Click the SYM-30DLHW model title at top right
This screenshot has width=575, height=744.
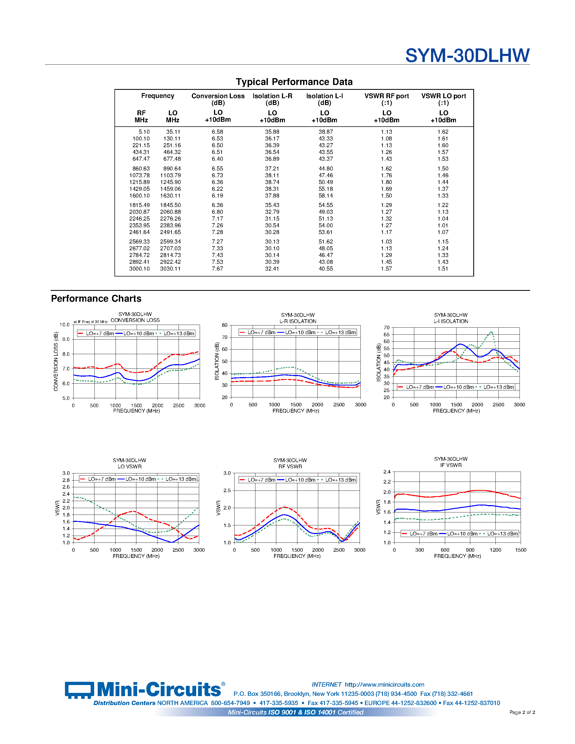pos(467,55)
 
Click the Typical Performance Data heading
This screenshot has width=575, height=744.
pos(294,82)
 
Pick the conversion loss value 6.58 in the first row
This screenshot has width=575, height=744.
pos(217,132)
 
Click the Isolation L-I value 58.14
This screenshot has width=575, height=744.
pos(326,196)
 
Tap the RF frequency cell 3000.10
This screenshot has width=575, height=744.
pos(139,269)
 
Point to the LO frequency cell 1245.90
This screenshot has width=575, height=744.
pos(170,182)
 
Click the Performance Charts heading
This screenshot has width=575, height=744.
pos(96,298)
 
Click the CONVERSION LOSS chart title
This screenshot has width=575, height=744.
pos(135,320)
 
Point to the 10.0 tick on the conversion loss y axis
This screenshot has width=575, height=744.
pos(64,325)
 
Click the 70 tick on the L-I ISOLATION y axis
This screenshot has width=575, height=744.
pos(386,328)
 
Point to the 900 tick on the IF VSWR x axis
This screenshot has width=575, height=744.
pos(470,550)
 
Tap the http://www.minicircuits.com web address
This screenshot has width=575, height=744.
pos(384,684)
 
